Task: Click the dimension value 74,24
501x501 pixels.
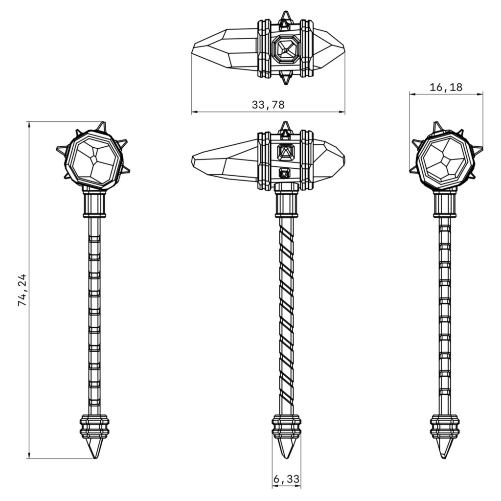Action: (x=23, y=290)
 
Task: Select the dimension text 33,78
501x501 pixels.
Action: (x=268, y=105)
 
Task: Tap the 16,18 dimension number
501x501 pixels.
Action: (x=446, y=87)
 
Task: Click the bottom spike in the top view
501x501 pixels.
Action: (x=285, y=78)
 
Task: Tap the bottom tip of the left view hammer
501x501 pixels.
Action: (x=95, y=458)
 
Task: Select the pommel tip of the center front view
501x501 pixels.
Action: (x=286, y=458)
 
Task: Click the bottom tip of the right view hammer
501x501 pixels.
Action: (x=444, y=458)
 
